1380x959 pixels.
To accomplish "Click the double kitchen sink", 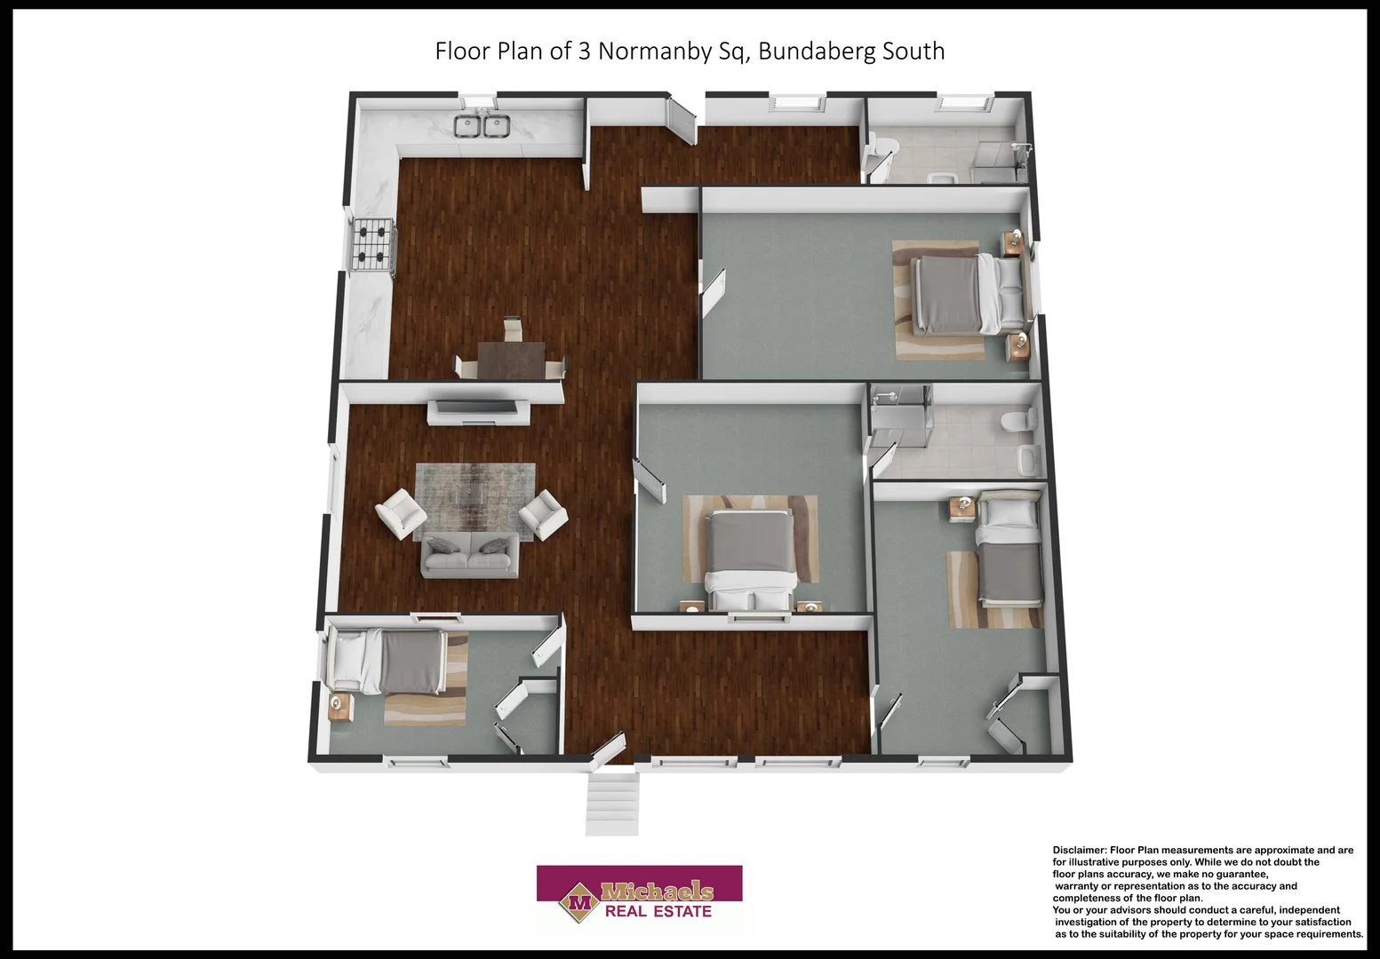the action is click(x=482, y=125).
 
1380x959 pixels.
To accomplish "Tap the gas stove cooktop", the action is click(x=373, y=244).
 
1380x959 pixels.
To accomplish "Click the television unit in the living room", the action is click(x=479, y=411).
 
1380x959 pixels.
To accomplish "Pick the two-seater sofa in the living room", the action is click(x=470, y=554).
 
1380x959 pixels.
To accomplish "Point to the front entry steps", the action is click(x=611, y=804).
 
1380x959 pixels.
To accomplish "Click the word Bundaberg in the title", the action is click(x=817, y=52).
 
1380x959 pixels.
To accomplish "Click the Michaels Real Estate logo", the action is click(x=640, y=900).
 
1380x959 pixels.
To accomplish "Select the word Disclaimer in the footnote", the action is click(x=1078, y=850).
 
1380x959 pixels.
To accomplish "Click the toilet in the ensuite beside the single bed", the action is click(x=1019, y=421).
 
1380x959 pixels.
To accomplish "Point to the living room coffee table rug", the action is click(x=475, y=503).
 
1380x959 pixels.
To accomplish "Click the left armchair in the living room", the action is click(x=401, y=513).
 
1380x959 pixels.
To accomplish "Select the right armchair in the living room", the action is click(x=543, y=515).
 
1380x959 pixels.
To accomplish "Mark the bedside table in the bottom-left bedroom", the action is click(x=341, y=707).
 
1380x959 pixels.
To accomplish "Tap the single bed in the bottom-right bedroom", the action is click(x=1009, y=548).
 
